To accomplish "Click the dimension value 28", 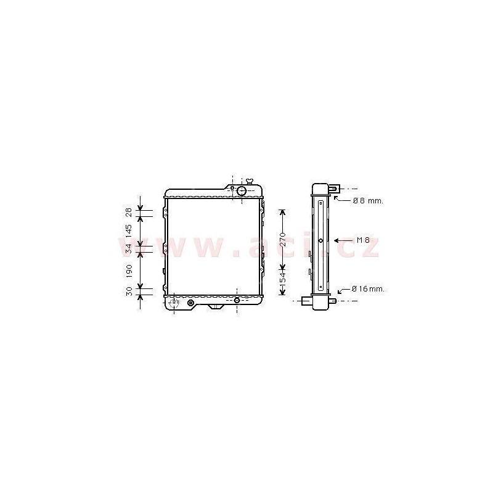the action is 129,213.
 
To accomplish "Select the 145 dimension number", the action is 129,230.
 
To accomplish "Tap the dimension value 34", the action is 129,249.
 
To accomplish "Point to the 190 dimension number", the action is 129,271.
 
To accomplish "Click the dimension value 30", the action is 129,291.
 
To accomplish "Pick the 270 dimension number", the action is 282,239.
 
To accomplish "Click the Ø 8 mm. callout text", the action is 368,201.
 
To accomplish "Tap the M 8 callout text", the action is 363,240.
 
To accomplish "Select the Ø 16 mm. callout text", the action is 368,288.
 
